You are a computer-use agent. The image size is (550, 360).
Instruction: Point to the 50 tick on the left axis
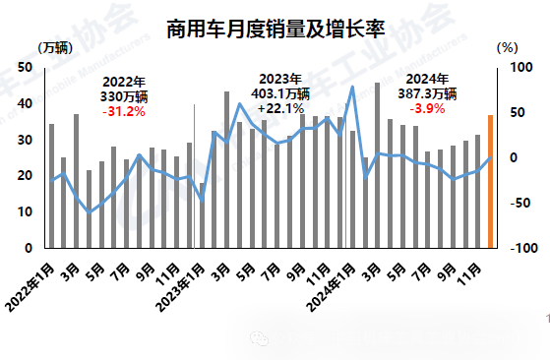point(25,67)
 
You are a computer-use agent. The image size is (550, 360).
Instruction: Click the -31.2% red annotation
point(123,112)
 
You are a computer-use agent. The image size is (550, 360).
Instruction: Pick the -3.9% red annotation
point(433,108)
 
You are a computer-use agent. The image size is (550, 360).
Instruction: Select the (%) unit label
point(507,46)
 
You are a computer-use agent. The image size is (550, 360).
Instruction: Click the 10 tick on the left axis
point(25,211)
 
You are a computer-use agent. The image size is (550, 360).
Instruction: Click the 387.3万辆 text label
point(433,94)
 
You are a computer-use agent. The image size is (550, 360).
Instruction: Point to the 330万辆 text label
point(123,97)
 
